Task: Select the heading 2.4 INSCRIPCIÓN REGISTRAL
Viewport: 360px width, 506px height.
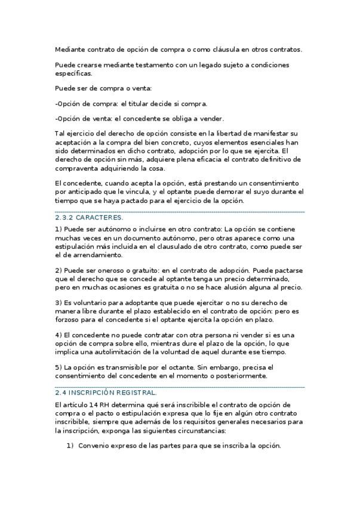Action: pyautogui.click(x=106, y=393)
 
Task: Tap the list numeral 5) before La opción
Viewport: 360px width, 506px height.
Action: pyautogui.click(x=58, y=367)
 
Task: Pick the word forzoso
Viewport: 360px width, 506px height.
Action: pyautogui.click(x=69, y=319)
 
